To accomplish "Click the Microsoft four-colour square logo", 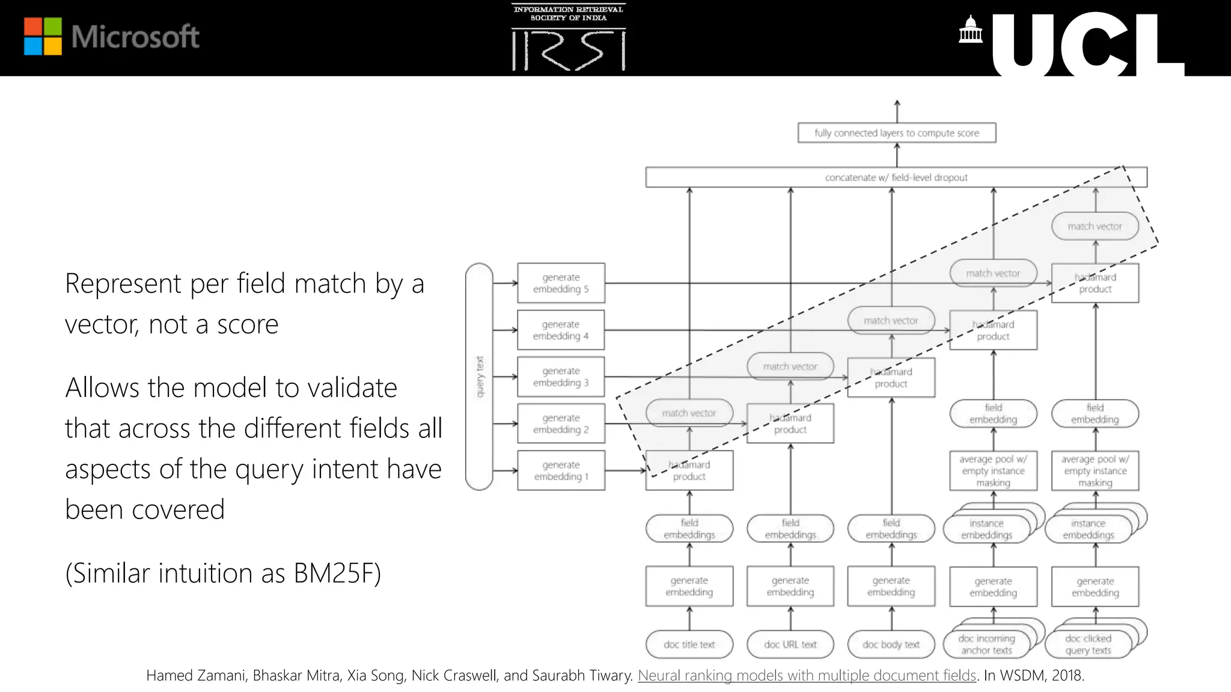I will pos(43,36).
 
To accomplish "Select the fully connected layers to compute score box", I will pos(896,133).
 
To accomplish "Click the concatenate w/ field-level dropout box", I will pos(896,177).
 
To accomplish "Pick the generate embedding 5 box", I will pos(561,283).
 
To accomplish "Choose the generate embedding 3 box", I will pos(561,377).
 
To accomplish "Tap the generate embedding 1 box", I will pos(561,470).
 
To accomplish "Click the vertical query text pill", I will pos(479,377).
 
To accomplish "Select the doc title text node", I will pos(689,645).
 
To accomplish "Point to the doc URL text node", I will pos(790,645).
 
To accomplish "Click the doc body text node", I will pos(891,645).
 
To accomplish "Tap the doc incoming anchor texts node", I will pos(986,645).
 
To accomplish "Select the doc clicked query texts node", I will pos(1088,645).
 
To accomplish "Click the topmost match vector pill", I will pos(1095,226).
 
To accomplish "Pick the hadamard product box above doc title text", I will pos(689,470).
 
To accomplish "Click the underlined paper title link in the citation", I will pos(807,675).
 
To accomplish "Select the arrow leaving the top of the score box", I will pos(897,111).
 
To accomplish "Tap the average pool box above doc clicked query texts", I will pos(1095,470).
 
